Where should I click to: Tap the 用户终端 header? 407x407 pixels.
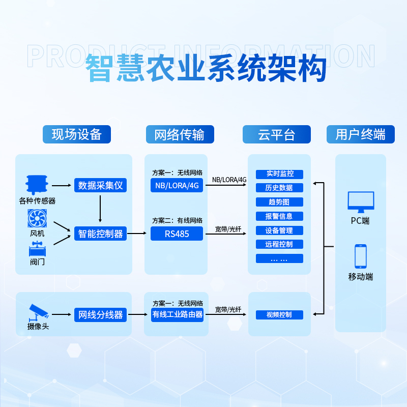click(x=360, y=134)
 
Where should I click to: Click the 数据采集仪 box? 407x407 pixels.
click(x=100, y=185)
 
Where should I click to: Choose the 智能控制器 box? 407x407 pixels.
click(x=100, y=234)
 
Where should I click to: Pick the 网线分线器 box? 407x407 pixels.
click(x=100, y=315)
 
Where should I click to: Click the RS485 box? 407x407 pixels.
click(x=177, y=234)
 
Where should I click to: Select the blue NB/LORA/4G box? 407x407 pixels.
click(x=177, y=185)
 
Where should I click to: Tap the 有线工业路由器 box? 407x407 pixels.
click(x=177, y=315)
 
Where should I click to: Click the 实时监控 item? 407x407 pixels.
click(x=279, y=174)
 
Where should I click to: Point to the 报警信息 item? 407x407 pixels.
click(x=279, y=216)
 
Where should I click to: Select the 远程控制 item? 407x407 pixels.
click(x=279, y=244)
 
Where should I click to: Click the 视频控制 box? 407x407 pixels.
click(x=279, y=315)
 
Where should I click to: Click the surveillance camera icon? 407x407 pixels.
click(x=38, y=311)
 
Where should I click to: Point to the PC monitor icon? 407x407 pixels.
click(x=360, y=202)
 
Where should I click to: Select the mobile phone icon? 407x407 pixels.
click(x=360, y=256)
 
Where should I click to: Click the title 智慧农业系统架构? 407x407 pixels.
click(x=206, y=69)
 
